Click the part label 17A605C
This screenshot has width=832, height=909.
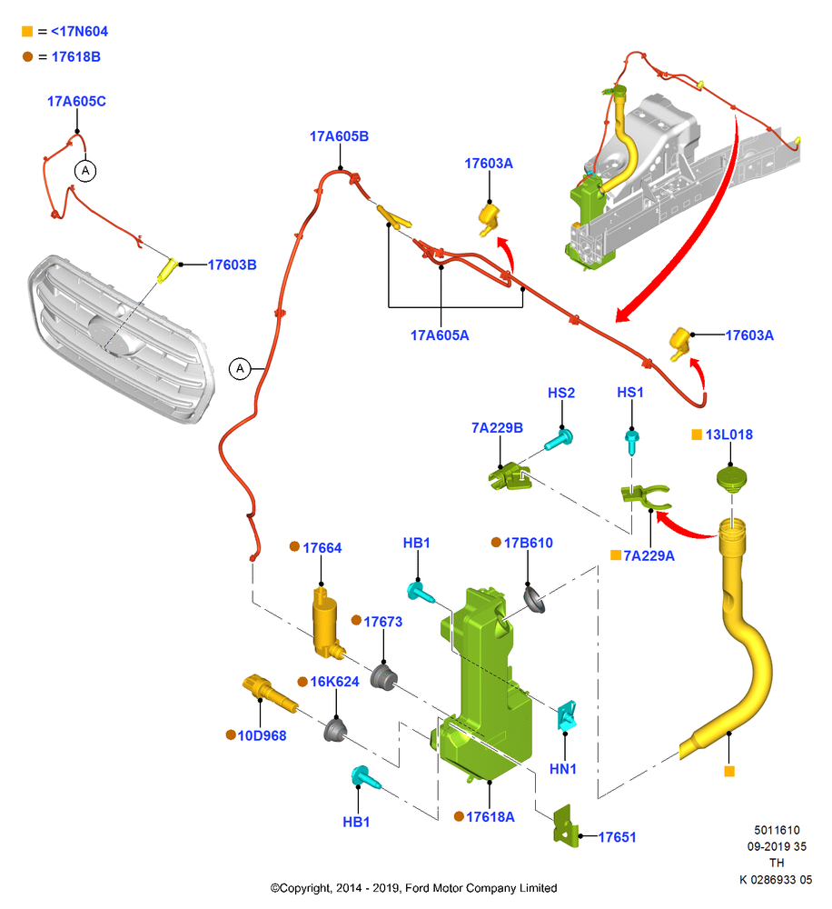tap(76, 102)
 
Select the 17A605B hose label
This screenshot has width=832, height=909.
tap(339, 136)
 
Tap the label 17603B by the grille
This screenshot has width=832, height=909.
tap(232, 265)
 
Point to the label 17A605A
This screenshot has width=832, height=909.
tap(440, 335)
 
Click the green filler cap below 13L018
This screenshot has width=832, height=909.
tap(732, 479)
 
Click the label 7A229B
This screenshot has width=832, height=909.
tap(497, 428)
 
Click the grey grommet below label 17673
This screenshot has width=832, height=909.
tap(383, 677)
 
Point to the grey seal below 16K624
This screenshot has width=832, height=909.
tap(335, 730)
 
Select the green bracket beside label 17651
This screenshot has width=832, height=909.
tap(565, 825)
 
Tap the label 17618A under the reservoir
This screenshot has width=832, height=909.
tap(490, 817)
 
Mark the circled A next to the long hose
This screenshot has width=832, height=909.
tap(240, 369)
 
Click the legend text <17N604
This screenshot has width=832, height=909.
tap(79, 31)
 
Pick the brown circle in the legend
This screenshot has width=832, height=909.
tap(27, 56)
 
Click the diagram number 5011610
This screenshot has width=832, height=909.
tap(777, 830)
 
